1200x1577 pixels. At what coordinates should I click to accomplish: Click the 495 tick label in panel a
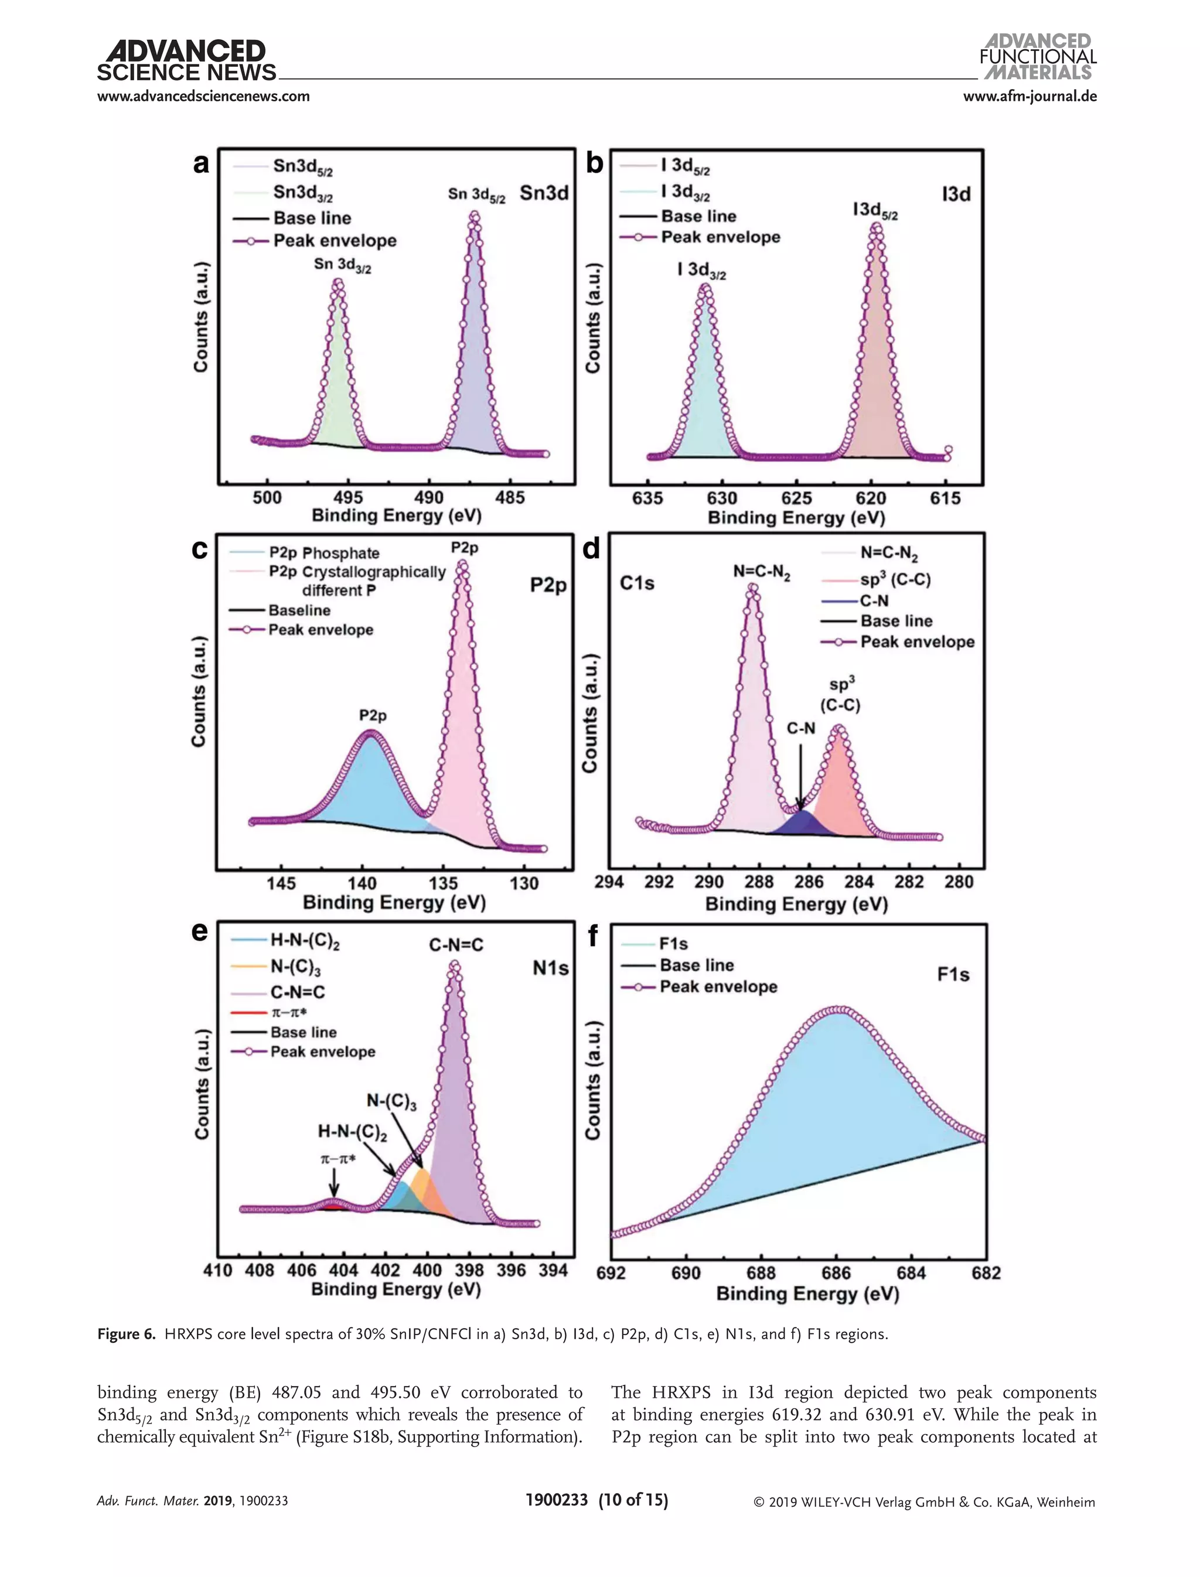[348, 498]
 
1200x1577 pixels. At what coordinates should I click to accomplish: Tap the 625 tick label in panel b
[796, 499]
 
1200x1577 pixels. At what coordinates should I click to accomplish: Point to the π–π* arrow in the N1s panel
[335, 1183]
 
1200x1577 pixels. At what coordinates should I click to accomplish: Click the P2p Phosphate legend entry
[323, 553]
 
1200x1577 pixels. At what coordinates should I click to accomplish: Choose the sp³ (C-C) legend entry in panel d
[894, 579]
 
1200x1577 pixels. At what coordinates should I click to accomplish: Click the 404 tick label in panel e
[343, 1271]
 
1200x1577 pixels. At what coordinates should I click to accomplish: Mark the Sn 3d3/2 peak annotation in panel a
[342, 265]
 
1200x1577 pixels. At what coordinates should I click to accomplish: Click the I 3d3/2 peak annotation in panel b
[701, 271]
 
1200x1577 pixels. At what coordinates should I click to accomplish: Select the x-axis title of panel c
[394, 902]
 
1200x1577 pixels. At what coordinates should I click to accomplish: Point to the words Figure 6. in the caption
[127, 1334]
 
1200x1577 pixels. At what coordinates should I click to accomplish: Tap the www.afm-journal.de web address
[1029, 95]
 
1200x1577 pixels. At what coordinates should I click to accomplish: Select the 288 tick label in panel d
[759, 882]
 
